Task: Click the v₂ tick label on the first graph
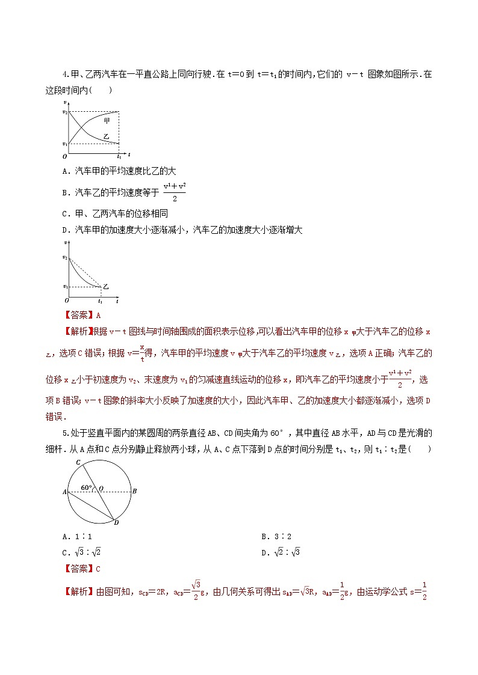(x=65, y=112)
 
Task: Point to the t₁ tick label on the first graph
(x=119, y=156)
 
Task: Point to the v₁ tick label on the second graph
(x=65, y=287)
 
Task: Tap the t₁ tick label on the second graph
(x=100, y=300)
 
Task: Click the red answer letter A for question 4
(x=98, y=314)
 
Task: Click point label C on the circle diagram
(x=78, y=445)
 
